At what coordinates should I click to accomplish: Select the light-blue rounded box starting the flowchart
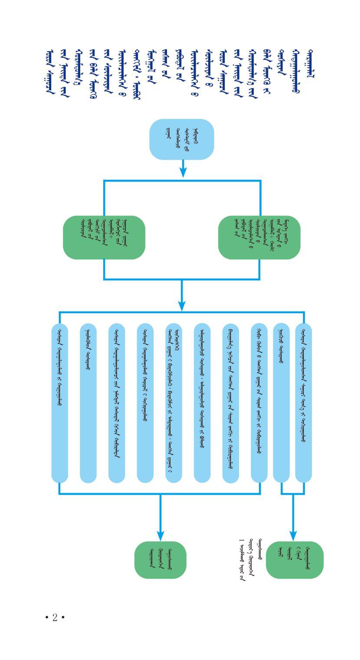point(181,139)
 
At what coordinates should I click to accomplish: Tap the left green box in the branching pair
point(104,237)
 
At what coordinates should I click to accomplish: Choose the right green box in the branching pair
point(259,237)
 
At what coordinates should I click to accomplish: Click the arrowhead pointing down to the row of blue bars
point(182,306)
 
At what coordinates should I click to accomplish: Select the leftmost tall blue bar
point(60,403)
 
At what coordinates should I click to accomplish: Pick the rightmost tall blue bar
point(304,403)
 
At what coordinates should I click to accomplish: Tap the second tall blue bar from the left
point(88,403)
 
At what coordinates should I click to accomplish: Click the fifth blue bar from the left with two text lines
point(173,403)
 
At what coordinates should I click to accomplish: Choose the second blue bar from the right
point(281,403)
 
